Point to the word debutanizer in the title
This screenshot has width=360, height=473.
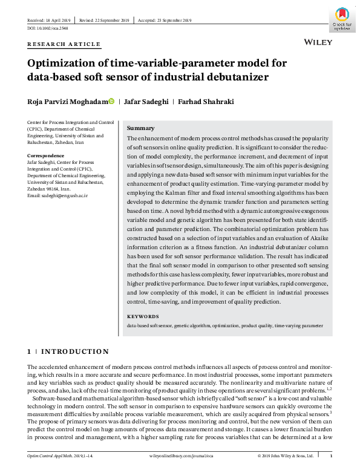tap(230, 77)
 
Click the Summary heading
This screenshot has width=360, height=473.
tap(140, 128)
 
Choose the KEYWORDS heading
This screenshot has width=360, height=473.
tap(143, 316)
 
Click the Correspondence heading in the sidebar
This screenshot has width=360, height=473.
tap(47, 156)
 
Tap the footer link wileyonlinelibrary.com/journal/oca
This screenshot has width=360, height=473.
tap(180, 455)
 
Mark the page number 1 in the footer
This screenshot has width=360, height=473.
tap(330, 455)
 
